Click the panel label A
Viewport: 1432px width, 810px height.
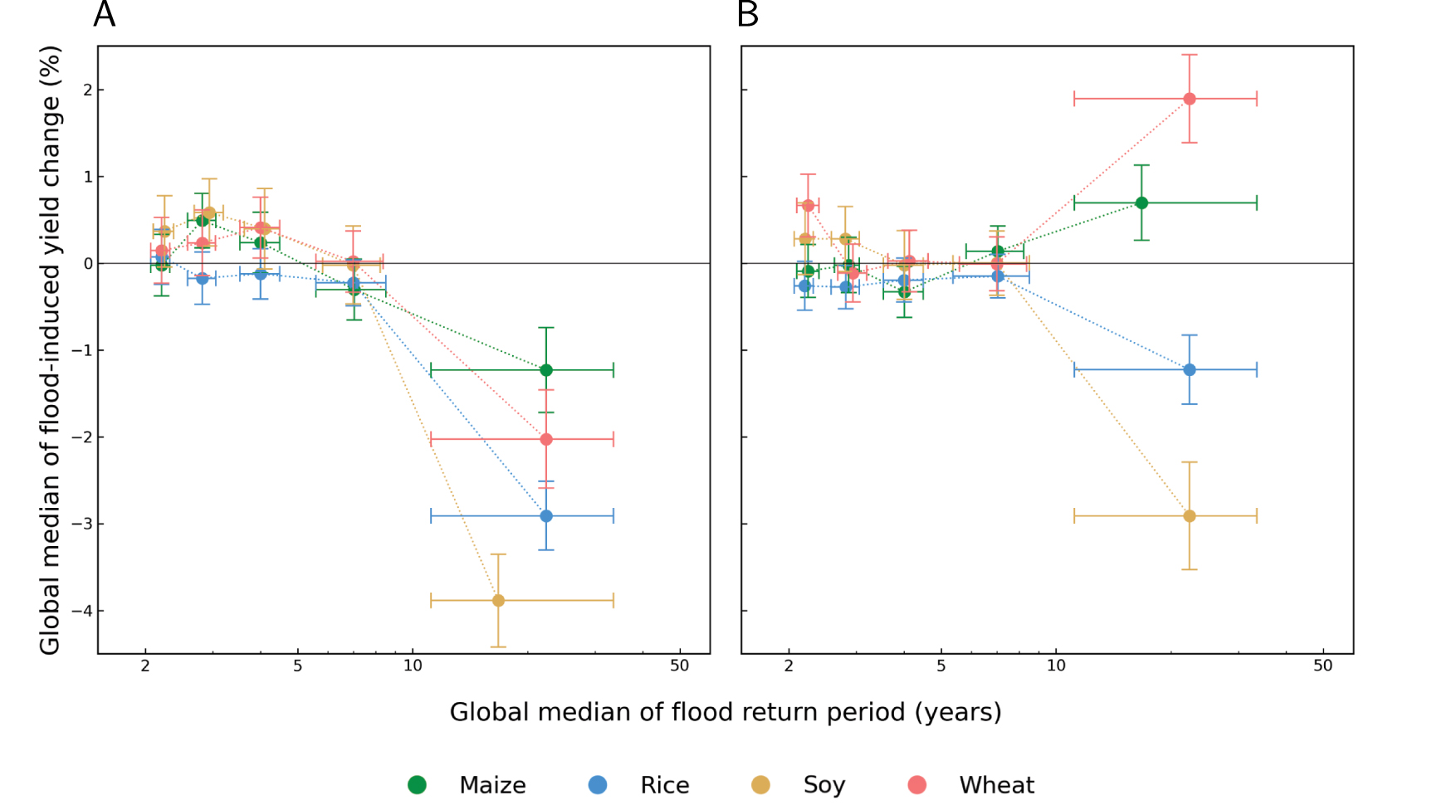(x=104, y=15)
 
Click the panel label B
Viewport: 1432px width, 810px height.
(x=747, y=15)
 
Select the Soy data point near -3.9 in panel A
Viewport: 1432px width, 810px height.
(x=498, y=600)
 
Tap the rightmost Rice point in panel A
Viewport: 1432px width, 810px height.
(x=546, y=516)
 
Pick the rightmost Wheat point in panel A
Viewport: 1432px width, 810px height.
(x=546, y=439)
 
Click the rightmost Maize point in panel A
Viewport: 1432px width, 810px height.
(x=546, y=370)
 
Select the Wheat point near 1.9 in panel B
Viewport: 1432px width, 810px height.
(x=1190, y=99)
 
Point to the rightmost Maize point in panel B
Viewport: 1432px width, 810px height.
(x=1141, y=202)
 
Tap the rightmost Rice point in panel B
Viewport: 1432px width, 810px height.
(x=1190, y=370)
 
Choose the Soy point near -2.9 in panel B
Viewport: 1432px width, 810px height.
(x=1190, y=516)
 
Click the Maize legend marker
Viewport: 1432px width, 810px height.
(x=417, y=785)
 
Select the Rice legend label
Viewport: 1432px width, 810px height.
(x=664, y=785)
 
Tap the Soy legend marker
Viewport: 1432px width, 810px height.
(x=760, y=785)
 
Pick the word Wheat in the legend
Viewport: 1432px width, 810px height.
(x=996, y=785)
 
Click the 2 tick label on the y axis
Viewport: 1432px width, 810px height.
(x=88, y=90)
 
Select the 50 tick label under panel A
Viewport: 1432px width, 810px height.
(x=679, y=666)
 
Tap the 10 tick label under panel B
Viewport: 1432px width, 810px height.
(x=1056, y=666)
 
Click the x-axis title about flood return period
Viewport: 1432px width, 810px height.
(x=726, y=712)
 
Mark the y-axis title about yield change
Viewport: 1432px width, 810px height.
(x=50, y=349)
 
